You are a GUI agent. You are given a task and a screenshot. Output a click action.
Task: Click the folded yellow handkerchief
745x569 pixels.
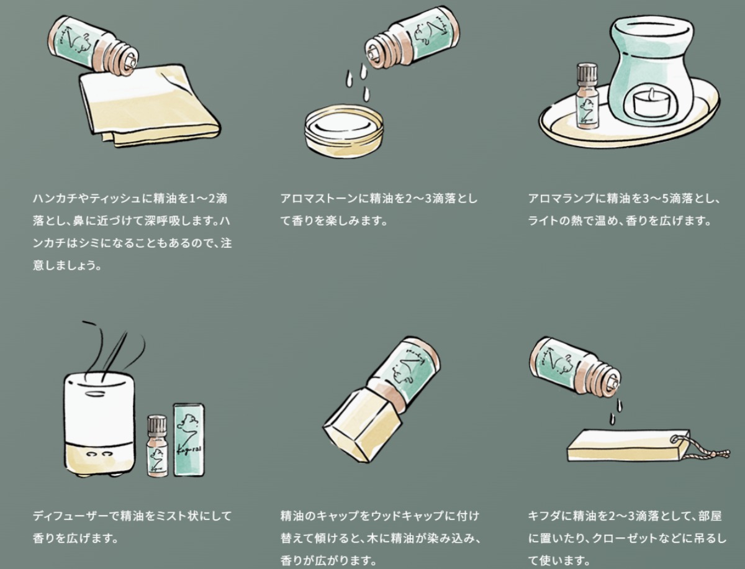150,107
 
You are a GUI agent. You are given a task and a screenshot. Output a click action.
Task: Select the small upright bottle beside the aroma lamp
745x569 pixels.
587,97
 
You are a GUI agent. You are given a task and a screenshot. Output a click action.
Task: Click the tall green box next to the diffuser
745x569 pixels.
189,440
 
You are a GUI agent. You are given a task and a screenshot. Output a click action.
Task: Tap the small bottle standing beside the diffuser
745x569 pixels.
158,445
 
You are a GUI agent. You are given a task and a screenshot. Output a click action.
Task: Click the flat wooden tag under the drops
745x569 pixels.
628,445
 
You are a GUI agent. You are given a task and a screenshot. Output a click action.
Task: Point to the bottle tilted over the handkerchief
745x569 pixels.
93,44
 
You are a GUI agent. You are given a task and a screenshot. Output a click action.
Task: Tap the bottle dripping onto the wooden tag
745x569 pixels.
576,366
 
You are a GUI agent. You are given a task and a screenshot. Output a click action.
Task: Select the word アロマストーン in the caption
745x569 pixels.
319,198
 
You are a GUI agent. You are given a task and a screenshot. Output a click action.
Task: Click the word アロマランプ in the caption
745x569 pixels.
561,198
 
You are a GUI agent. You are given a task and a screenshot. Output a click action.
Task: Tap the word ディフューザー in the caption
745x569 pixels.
71,516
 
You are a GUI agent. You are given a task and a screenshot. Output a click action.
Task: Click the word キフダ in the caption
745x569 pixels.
544,516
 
